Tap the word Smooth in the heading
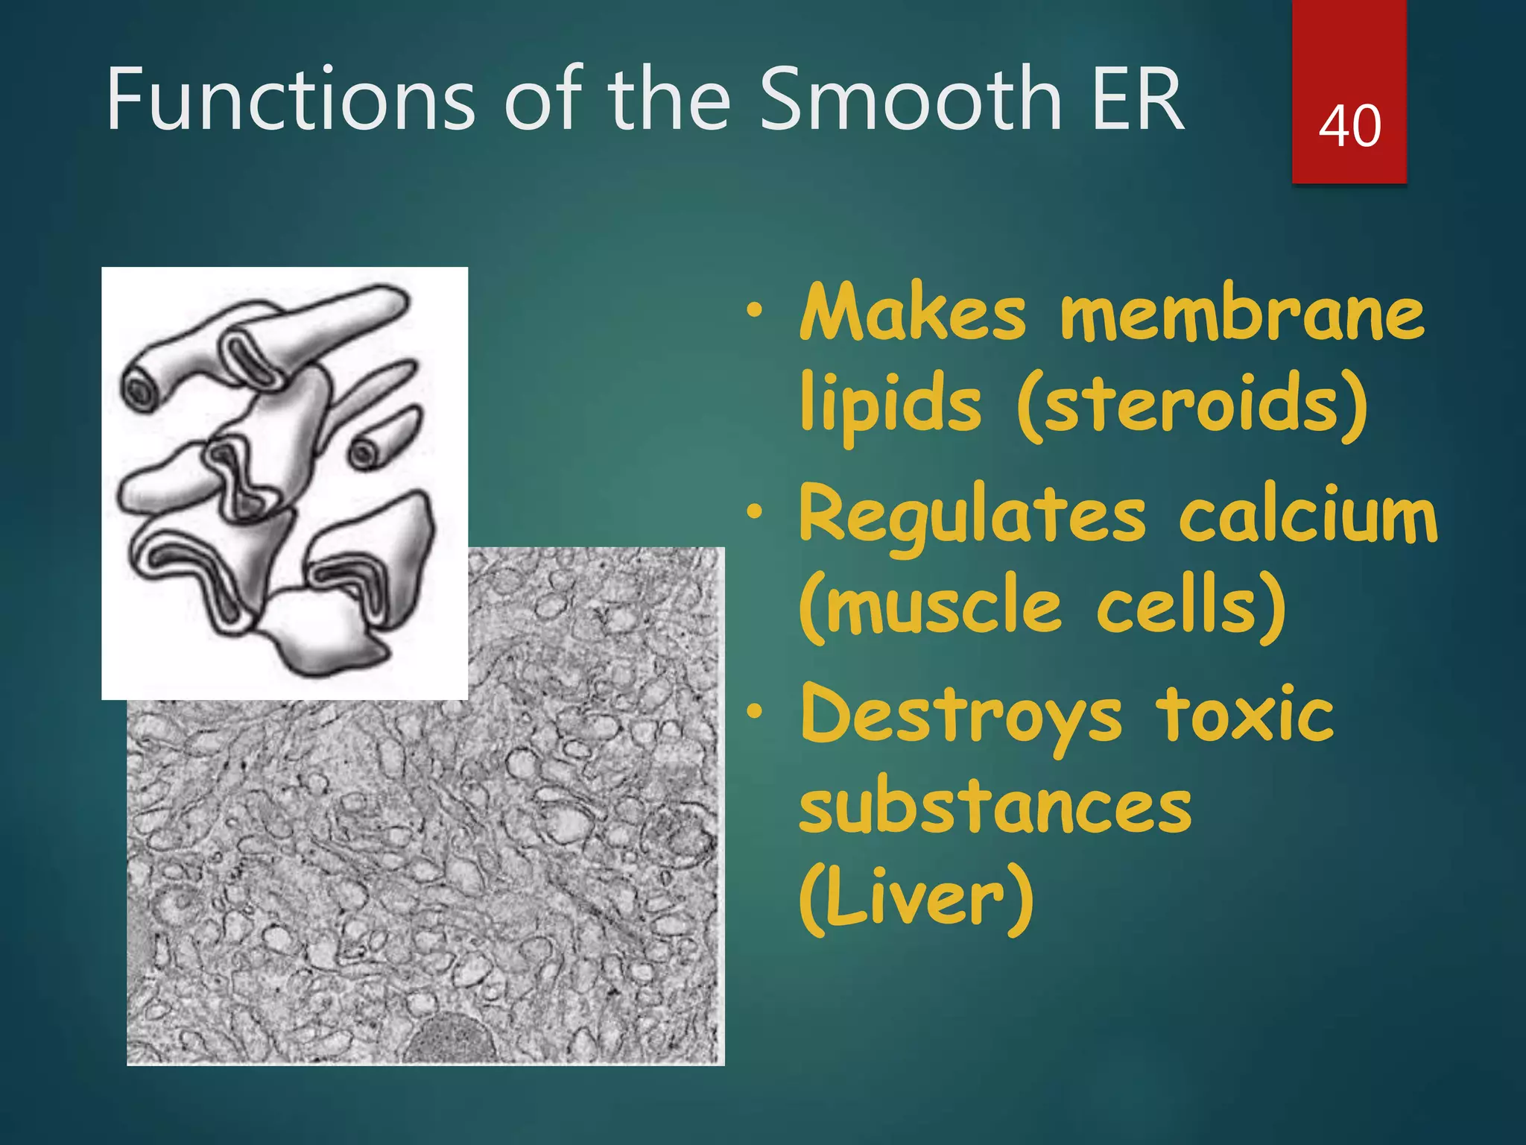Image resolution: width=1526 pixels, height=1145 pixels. (x=910, y=99)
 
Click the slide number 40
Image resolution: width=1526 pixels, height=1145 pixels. (x=1349, y=126)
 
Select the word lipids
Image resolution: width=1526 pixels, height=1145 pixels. (x=890, y=405)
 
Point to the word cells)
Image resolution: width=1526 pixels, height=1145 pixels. (x=1191, y=607)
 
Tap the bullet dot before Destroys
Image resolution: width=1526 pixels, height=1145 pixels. (x=756, y=713)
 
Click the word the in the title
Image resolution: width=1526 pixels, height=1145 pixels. (x=670, y=99)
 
